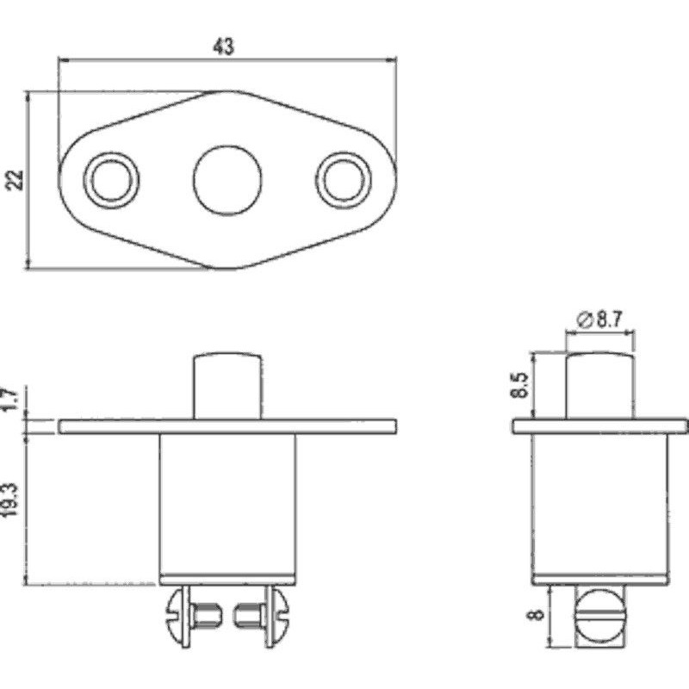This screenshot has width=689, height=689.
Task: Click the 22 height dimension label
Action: pyautogui.click(x=15, y=180)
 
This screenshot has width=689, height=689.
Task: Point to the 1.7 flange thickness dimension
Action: pyautogui.click(x=11, y=402)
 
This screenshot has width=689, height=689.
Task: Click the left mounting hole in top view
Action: pyautogui.click(x=112, y=179)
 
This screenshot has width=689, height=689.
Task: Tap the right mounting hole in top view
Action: pyautogui.click(x=344, y=179)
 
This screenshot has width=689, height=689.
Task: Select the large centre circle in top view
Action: pyautogui.click(x=227, y=179)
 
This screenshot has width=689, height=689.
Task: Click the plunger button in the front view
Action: pyautogui.click(x=227, y=385)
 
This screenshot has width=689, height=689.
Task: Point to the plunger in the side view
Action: pyautogui.click(x=599, y=385)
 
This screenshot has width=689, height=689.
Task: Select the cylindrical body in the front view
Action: pyautogui.click(x=227, y=504)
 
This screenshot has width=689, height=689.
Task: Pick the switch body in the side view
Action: pyautogui.click(x=599, y=504)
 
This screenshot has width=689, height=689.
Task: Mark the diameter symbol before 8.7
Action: pyautogui.click(x=582, y=320)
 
